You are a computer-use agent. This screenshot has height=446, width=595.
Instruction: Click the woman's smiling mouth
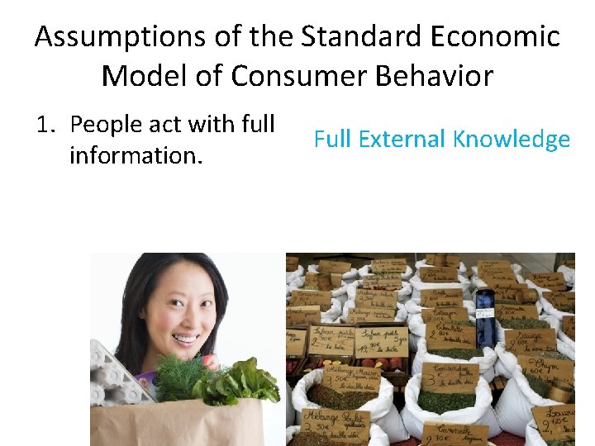coord(185,339)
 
